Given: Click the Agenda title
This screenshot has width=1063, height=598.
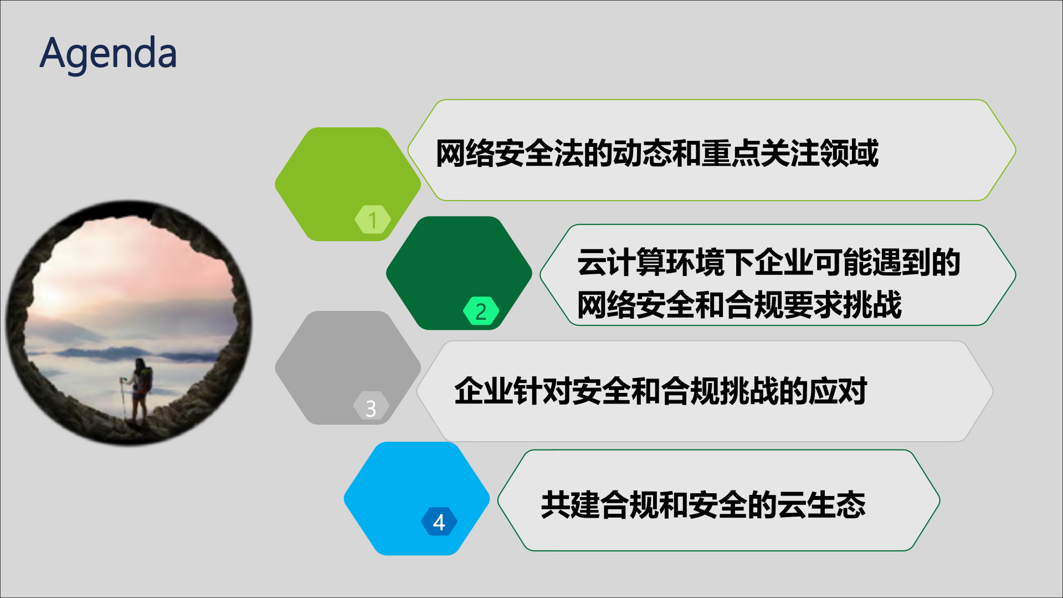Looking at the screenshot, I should point(109,54).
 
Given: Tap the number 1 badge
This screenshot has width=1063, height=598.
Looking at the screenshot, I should point(373,219).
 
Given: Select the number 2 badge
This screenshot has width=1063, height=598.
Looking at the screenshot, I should point(481,311).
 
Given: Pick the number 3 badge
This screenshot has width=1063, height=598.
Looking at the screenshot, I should point(371,408).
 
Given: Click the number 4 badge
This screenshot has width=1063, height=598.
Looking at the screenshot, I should point(439,522).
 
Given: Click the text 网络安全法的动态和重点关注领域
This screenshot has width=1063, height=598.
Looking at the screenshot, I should point(657,154).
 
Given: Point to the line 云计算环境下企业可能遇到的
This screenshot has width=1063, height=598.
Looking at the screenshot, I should point(768,262).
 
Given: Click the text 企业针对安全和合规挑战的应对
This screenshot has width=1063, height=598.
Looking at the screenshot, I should point(660,391).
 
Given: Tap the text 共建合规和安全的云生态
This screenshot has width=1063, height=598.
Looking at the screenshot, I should point(703,504).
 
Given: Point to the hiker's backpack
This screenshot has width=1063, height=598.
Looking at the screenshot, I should point(146,380).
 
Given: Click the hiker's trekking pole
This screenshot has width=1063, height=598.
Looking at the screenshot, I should point(123,396).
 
